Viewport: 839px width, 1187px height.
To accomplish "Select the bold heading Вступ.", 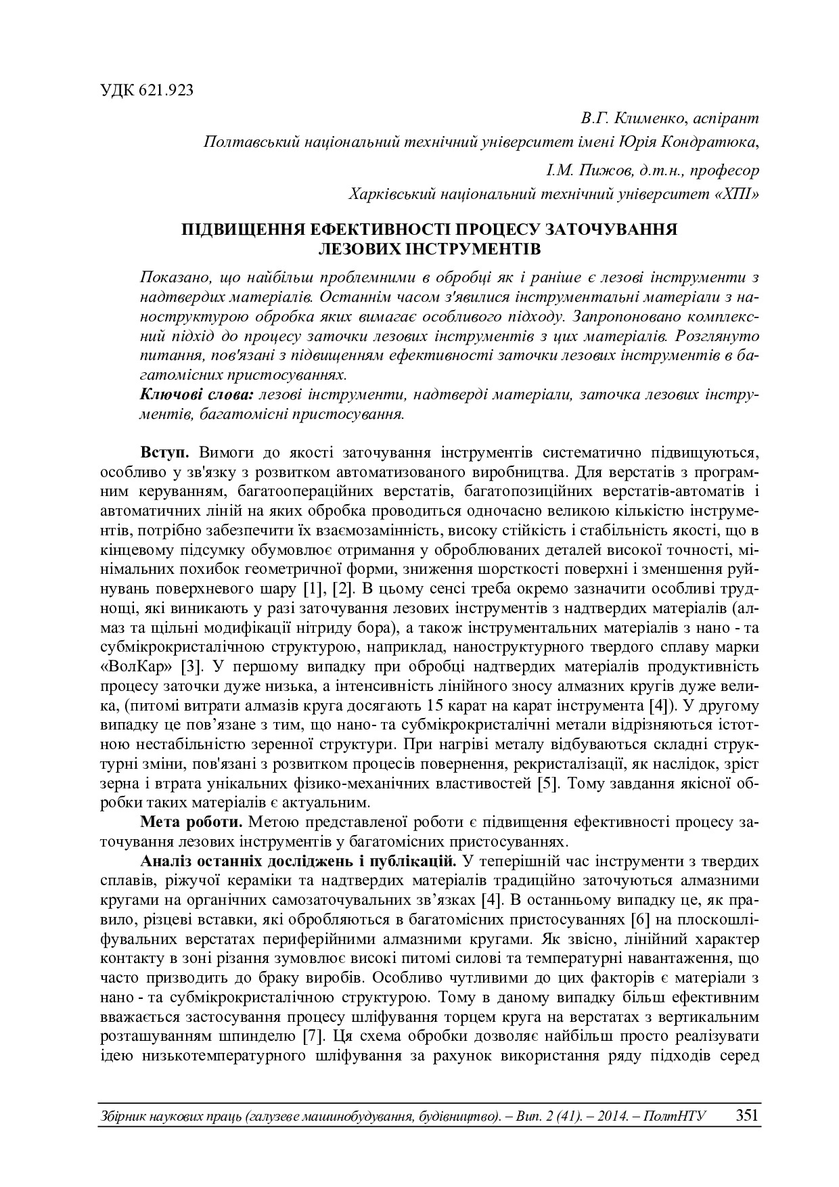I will pyautogui.click(x=160, y=451).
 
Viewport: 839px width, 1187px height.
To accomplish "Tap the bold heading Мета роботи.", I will pyautogui.click(x=191, y=822).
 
